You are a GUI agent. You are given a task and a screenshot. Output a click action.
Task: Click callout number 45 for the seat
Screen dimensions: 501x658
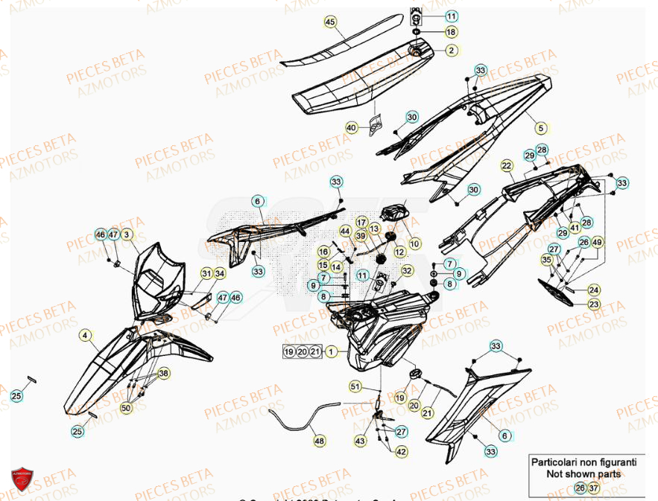tap(331, 23)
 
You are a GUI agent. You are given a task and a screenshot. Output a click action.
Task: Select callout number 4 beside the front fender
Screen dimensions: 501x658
tap(86, 336)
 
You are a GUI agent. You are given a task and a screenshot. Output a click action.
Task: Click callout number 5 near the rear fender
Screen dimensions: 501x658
tap(541, 127)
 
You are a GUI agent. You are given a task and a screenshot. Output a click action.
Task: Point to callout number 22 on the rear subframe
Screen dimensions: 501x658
tap(507, 165)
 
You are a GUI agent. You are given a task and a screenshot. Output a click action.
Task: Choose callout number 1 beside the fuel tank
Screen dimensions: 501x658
tap(332, 351)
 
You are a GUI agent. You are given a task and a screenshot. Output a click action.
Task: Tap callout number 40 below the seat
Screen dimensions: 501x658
tap(352, 128)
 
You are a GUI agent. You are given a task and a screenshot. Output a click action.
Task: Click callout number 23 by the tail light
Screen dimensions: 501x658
tap(594, 304)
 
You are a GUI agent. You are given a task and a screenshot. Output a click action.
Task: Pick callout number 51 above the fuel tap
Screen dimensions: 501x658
tap(355, 386)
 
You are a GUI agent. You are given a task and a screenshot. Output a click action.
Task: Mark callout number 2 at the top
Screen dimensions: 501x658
tap(452, 51)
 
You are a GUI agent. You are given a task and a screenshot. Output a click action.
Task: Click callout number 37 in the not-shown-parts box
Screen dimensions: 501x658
tap(593, 488)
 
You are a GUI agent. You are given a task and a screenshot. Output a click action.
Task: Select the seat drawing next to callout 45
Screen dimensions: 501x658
tap(350, 82)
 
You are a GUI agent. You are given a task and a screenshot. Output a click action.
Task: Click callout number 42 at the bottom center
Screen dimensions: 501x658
tap(401, 452)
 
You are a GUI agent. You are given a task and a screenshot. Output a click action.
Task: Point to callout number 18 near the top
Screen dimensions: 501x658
tap(452, 32)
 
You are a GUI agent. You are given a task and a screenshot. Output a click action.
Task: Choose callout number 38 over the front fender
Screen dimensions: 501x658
tap(163, 373)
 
